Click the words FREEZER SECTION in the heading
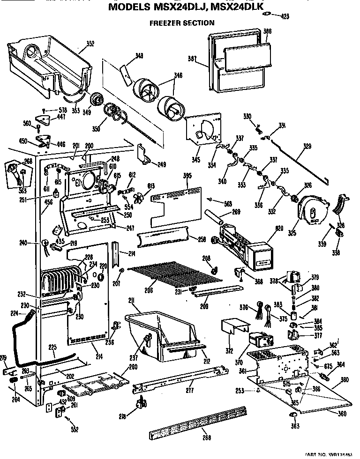pyautogui.click(x=181, y=22)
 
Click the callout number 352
pyautogui.click(x=90, y=44)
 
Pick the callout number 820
pyautogui.click(x=280, y=229)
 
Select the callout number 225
pyautogui.click(x=53, y=348)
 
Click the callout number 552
pyautogui.click(x=75, y=429)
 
